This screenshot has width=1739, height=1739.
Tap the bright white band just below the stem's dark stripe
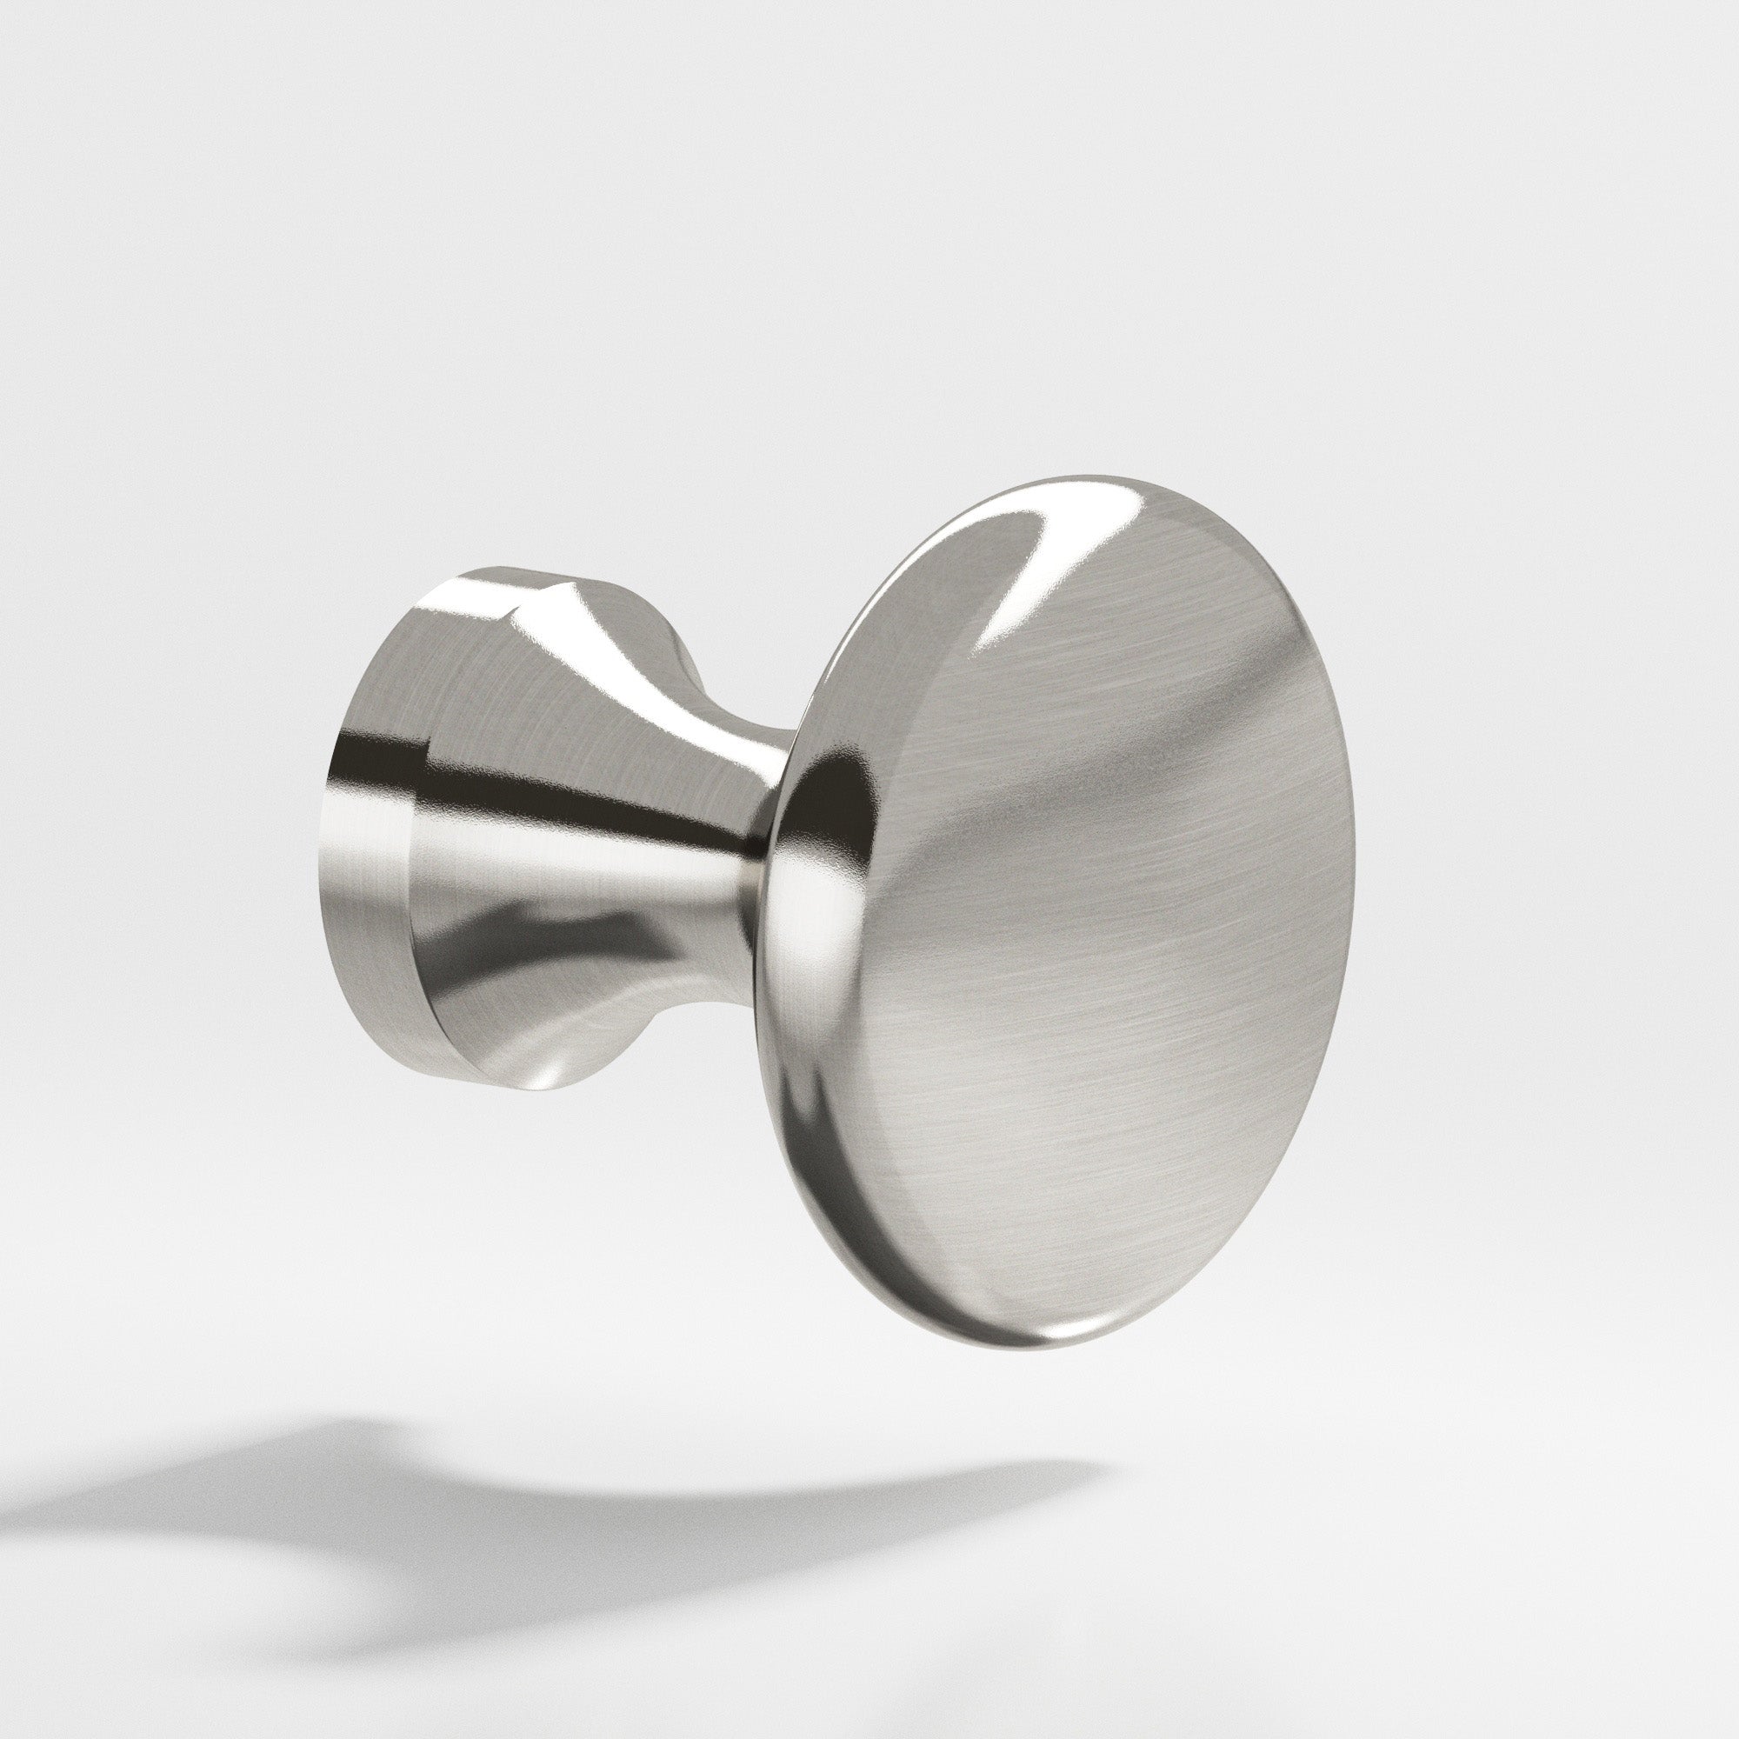coord(585,864)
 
